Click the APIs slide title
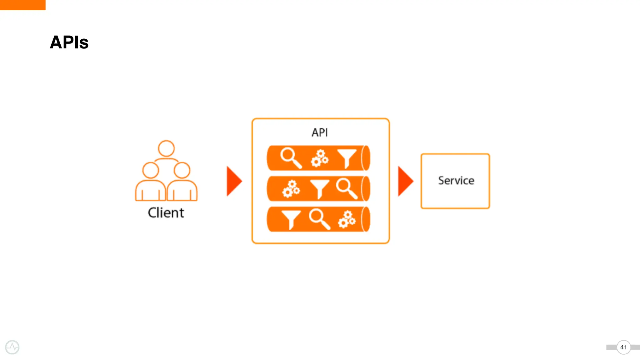pos(69,42)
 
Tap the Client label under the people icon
pos(166,213)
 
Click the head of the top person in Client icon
pos(166,148)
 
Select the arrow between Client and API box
pos(234,181)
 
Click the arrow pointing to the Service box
pos(405,181)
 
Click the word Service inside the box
pos(456,181)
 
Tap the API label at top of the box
pos(320,132)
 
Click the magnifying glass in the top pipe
pos(290,157)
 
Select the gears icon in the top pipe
pos(320,158)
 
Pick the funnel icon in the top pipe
pos(347,157)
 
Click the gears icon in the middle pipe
pos(291,189)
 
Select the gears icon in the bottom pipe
pos(347,219)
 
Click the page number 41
pos(623,347)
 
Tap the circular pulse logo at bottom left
pos(12,347)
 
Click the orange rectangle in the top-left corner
pos(22,5)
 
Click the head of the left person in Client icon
pos(151,170)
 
